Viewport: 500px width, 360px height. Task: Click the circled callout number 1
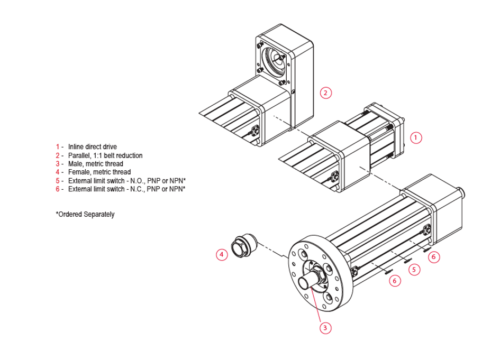tap(416, 138)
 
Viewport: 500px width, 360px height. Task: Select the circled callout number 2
tap(325, 93)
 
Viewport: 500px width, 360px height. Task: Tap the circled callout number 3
tap(326, 328)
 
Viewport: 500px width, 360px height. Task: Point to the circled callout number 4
tap(222, 255)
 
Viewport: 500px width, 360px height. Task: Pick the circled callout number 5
tap(414, 270)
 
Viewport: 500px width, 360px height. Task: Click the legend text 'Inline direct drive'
tap(93, 146)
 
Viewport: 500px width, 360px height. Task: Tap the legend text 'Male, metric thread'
tap(95, 164)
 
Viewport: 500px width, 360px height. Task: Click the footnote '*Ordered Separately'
tap(85, 215)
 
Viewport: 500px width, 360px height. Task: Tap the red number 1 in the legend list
tap(58, 146)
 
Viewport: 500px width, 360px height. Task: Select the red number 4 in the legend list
tap(58, 172)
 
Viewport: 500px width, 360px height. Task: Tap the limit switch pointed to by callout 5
tap(407, 260)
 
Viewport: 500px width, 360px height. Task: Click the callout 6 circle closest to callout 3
tap(395, 281)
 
